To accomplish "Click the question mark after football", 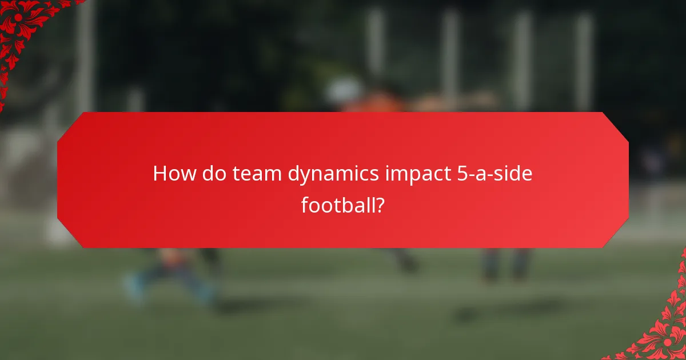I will (x=378, y=205).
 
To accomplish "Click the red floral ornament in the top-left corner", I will (x=23, y=29).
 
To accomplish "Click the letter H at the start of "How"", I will (x=160, y=174).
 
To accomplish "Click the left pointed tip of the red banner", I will (x=58, y=180).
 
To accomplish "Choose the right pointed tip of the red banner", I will (x=628, y=180).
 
